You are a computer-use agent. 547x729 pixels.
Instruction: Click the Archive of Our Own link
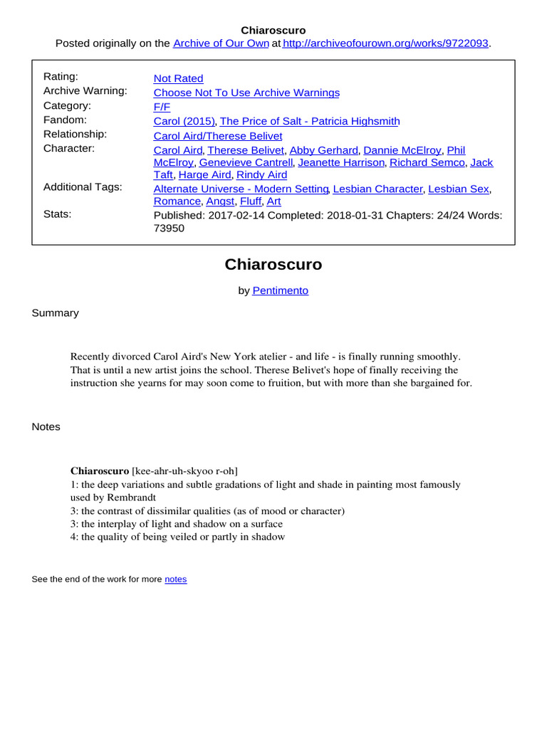pos(221,43)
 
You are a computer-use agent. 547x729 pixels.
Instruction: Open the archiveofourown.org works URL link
pos(385,43)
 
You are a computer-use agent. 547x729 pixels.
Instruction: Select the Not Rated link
pos(178,78)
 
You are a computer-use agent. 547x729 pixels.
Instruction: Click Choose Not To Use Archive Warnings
pos(246,93)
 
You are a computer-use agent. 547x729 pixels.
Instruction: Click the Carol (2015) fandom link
pos(184,121)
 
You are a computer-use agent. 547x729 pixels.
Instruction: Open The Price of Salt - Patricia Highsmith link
pos(310,121)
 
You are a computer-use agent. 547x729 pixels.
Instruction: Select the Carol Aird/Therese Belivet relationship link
pos(217,135)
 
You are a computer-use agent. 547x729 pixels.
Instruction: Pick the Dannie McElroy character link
pos(403,150)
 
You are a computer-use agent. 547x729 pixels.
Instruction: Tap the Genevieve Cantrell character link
pos(246,162)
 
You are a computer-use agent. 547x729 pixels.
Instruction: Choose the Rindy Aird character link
pos(261,174)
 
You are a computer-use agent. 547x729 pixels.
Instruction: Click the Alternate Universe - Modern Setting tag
pos(241,189)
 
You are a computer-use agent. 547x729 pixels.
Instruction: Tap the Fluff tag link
pos(250,201)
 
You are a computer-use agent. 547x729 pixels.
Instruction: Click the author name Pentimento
pos(281,290)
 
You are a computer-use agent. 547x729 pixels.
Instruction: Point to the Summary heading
pos(55,313)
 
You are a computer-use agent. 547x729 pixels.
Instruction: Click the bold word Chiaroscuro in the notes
pos(100,471)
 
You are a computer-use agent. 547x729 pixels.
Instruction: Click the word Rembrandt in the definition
pos(131,497)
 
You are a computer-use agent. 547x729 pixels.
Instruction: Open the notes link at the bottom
pos(175,579)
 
